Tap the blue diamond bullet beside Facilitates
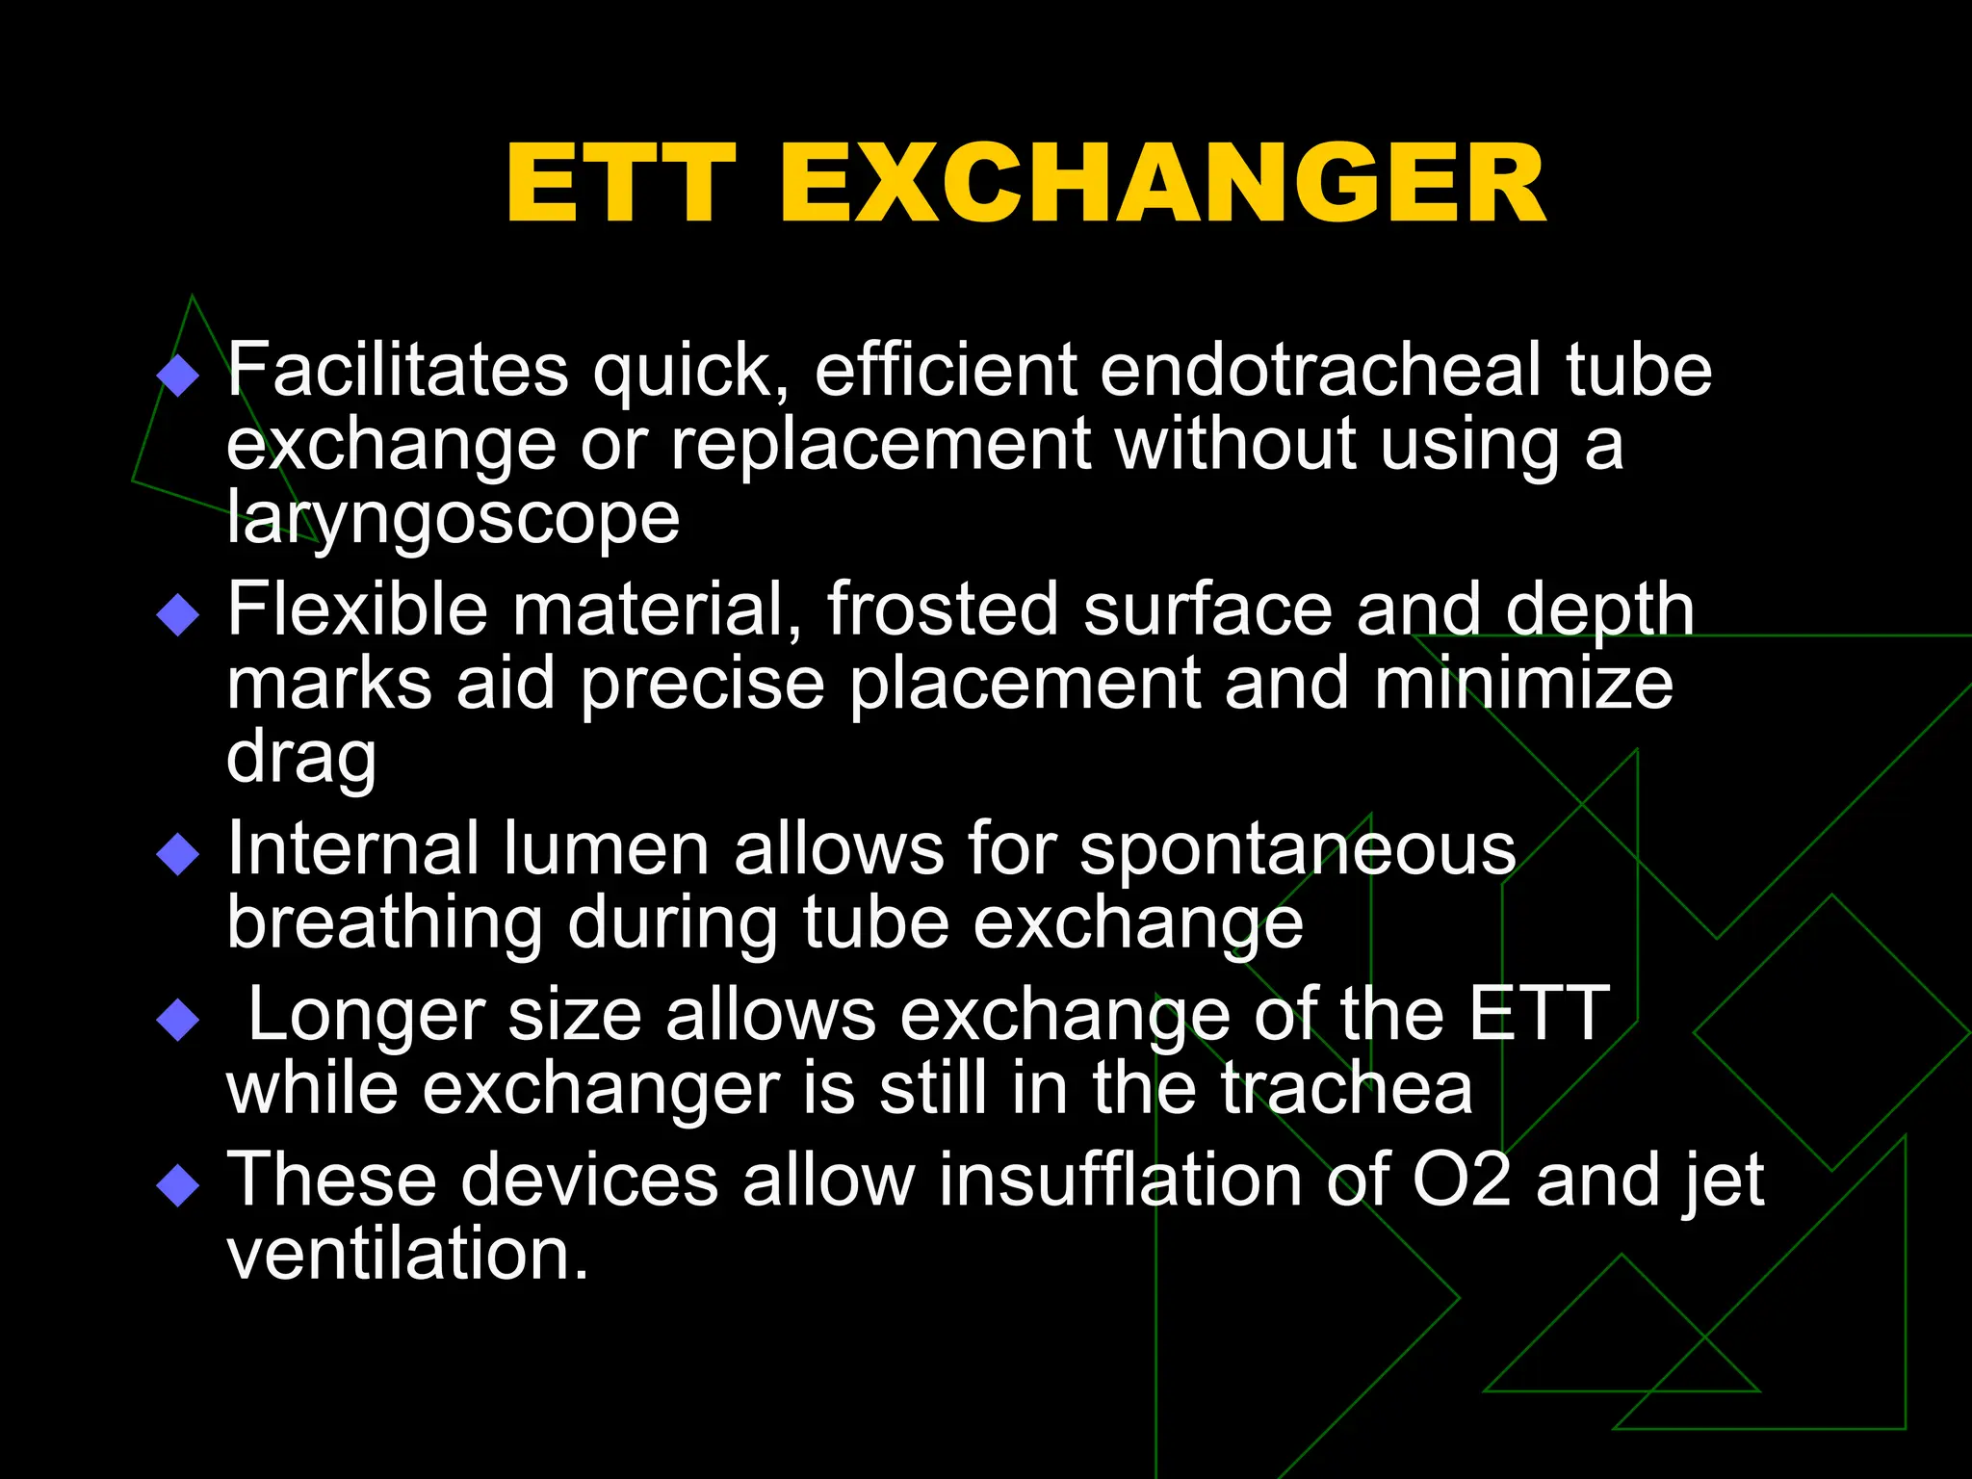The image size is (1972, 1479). (x=177, y=376)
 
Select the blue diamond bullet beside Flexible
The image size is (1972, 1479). (x=177, y=614)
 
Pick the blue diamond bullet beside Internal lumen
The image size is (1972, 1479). (x=177, y=853)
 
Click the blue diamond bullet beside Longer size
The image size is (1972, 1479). (x=177, y=1019)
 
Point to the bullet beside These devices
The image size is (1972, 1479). (x=177, y=1184)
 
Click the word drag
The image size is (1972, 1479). (x=300, y=759)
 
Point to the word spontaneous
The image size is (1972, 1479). (x=1297, y=849)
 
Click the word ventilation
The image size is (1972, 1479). (x=406, y=1254)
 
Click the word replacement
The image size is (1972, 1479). (x=881, y=445)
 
